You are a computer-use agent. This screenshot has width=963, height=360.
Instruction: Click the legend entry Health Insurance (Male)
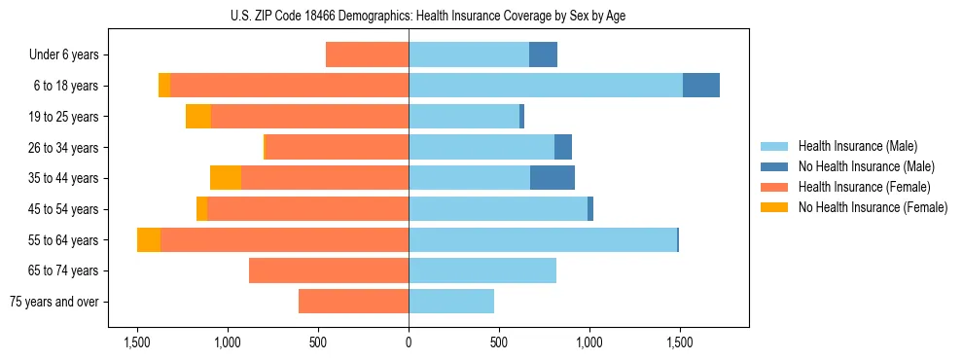[x=856, y=146]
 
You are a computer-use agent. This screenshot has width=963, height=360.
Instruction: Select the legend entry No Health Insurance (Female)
[x=873, y=207]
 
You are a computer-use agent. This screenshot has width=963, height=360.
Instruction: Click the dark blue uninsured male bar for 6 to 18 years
[x=700, y=86]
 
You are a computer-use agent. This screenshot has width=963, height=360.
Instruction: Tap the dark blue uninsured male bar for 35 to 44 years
[x=553, y=178]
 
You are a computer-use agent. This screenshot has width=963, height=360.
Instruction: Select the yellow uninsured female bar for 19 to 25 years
[x=198, y=117]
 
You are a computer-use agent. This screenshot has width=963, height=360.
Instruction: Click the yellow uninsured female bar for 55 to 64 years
[x=149, y=240]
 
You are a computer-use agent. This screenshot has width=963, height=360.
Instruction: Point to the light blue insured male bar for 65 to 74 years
[x=482, y=270]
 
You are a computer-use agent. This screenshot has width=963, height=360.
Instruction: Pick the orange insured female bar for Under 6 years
[x=367, y=54]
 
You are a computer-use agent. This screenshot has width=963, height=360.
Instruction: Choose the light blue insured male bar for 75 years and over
[x=451, y=302]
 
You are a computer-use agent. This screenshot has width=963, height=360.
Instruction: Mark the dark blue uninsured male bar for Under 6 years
[x=543, y=54]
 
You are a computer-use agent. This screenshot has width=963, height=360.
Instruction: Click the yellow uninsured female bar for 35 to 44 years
[x=226, y=178]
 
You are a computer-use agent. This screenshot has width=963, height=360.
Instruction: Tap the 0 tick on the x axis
[x=409, y=342]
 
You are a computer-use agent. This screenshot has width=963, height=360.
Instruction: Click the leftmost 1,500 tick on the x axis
[x=137, y=342]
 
